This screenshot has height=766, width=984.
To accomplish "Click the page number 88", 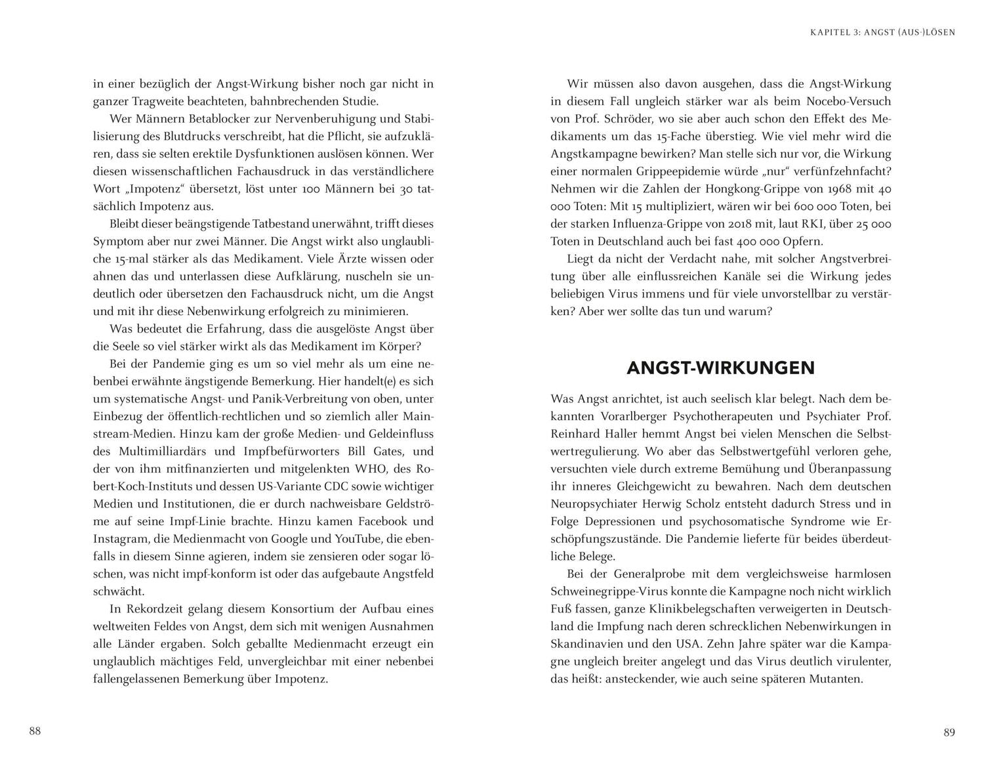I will pos(35,731).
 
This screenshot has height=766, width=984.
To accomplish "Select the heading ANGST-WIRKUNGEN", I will pos(720,368).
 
